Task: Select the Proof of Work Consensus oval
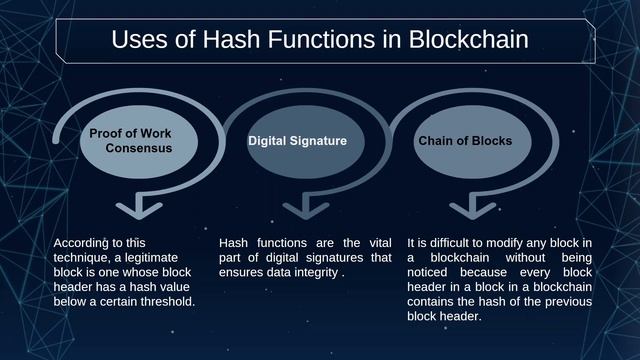click(x=130, y=140)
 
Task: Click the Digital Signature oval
click(x=297, y=141)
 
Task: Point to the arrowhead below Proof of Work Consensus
click(x=135, y=210)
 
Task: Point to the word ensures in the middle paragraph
click(x=241, y=272)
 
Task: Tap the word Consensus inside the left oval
click(x=138, y=147)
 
